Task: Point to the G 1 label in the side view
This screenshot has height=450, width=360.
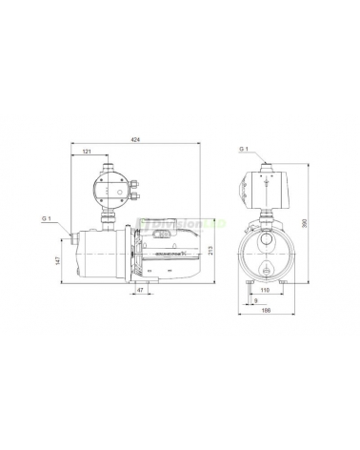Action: [x=47, y=221]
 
